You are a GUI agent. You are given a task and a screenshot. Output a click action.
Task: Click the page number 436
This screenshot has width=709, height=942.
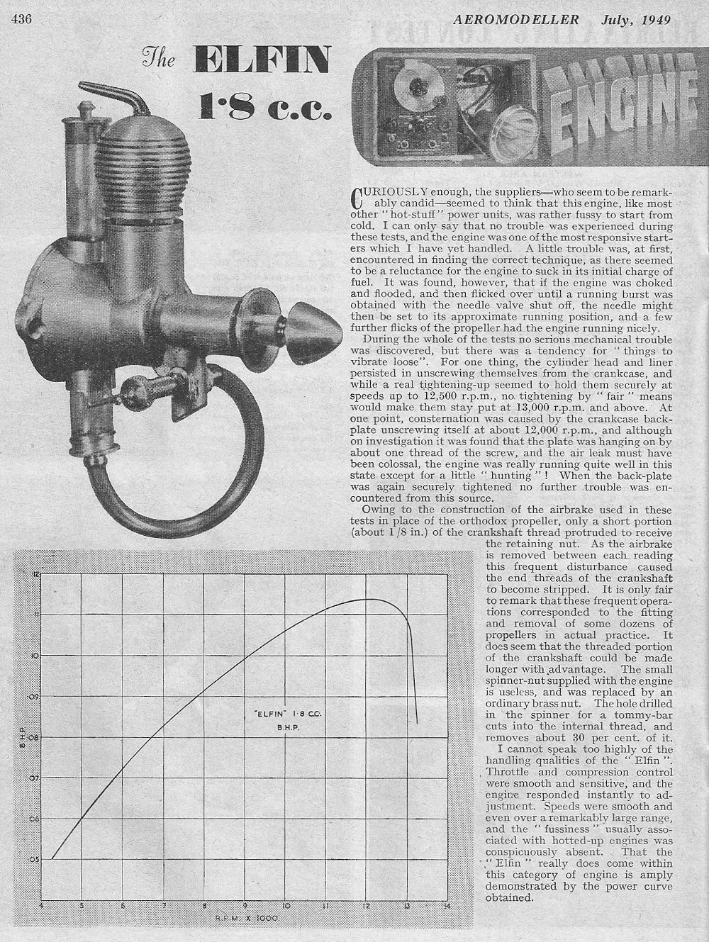point(22,19)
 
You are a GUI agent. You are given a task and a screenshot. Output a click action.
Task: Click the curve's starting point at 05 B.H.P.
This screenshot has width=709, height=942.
point(52,858)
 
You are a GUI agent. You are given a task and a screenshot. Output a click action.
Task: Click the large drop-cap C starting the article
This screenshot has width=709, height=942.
point(359,196)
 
